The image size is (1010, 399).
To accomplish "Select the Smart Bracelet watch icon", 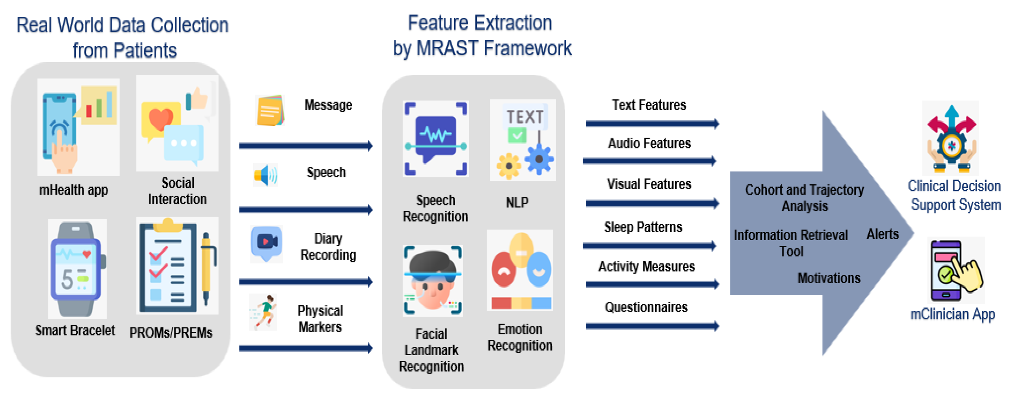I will coord(77,269).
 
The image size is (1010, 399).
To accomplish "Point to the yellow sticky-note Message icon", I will coord(270,110).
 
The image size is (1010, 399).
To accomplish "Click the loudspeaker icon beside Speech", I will coord(265,175).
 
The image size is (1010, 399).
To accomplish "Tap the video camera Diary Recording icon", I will coord(267,243).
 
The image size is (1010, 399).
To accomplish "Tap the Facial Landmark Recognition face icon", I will coord(432,280).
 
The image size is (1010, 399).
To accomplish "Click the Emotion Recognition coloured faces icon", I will coord(520,270).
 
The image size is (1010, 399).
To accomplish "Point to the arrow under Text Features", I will coord(652,124).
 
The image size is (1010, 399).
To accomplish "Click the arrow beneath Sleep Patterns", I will coord(649,246).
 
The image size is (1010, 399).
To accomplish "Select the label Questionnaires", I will coord(646,307).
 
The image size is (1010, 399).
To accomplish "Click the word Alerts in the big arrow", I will coord(882,234).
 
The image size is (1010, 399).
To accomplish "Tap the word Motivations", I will coord(828,278).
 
